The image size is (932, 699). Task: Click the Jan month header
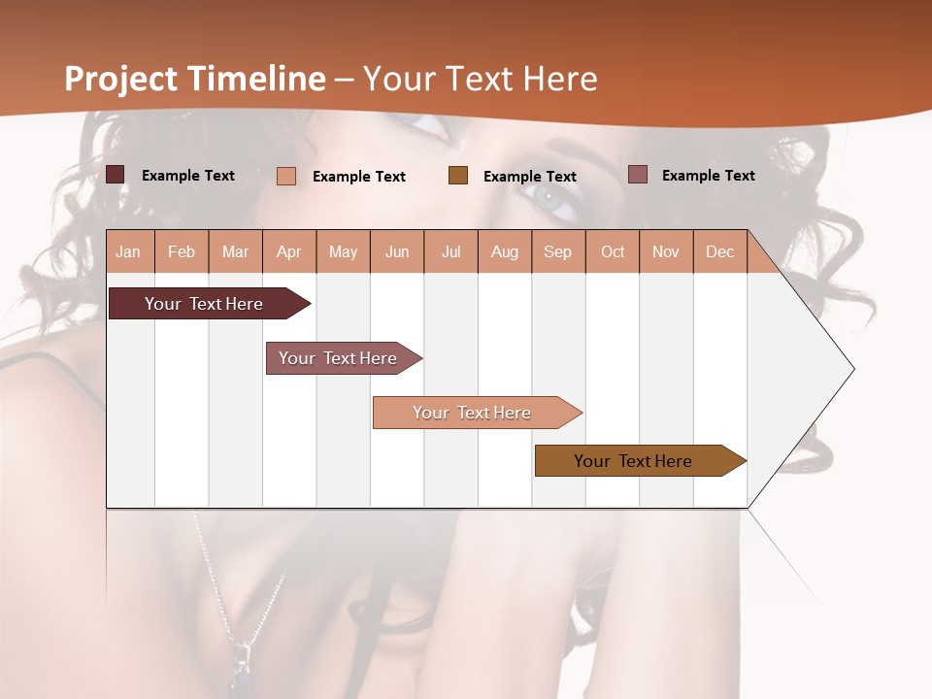[129, 251]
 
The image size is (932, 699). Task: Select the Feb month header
[182, 251]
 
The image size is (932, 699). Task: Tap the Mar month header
[235, 251]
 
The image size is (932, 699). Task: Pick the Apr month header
[289, 251]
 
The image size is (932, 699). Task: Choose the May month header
[343, 251]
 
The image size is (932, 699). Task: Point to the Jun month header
[397, 251]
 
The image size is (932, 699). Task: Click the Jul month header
[450, 251]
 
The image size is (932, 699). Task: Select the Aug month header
[505, 251]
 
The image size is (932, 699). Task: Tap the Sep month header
[558, 251]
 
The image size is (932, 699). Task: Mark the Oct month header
[613, 251]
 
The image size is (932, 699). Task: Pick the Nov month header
[666, 251]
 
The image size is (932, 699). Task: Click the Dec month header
[720, 251]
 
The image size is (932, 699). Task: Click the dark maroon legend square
[116, 175]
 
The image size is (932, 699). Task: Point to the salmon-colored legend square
[286, 176]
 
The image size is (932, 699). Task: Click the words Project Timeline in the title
[195, 79]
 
